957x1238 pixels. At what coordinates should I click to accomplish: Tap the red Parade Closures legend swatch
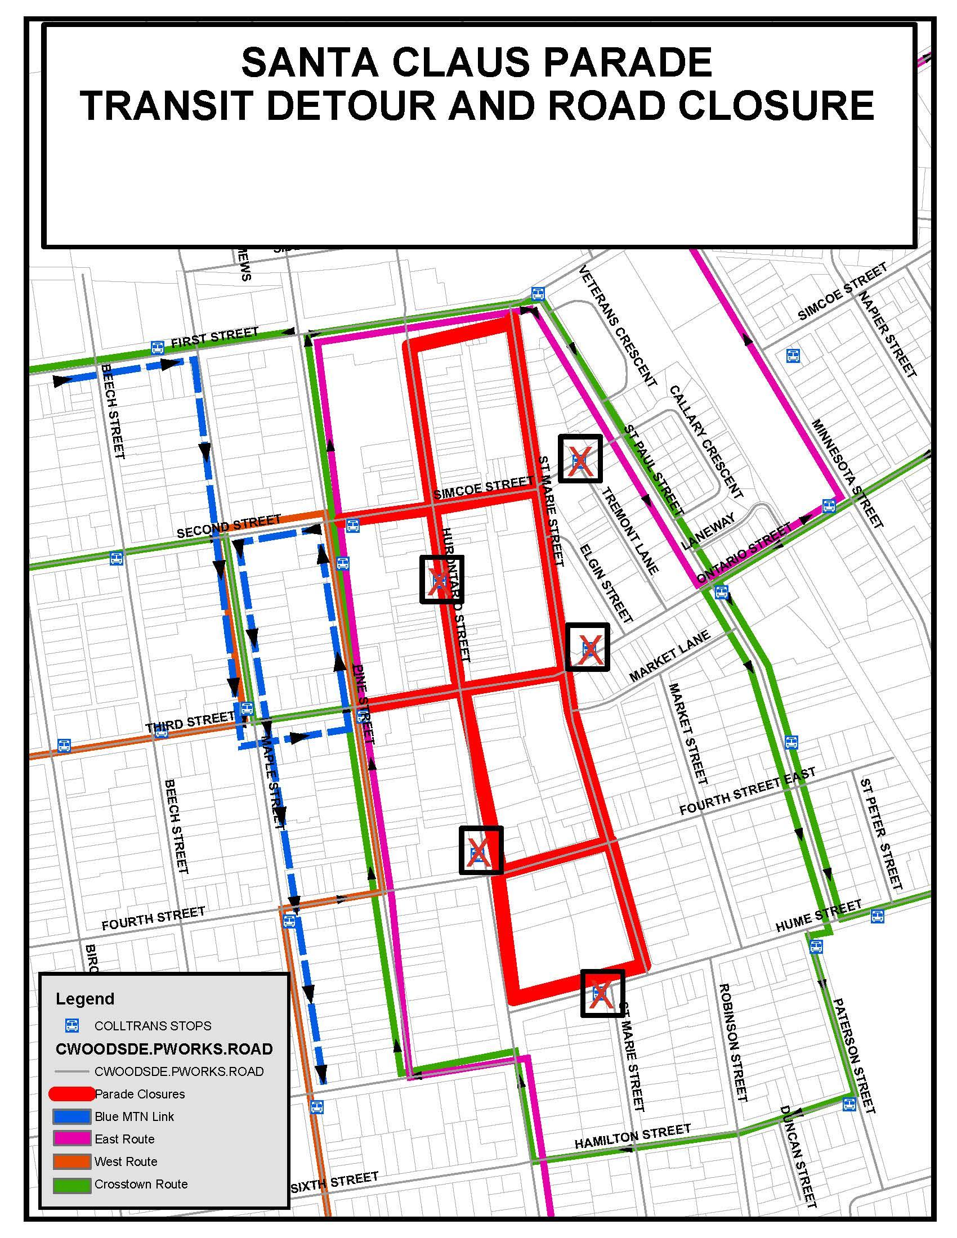72,1093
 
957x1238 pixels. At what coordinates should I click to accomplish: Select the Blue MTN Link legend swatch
72,1116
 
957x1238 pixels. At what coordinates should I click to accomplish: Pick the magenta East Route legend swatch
72,1138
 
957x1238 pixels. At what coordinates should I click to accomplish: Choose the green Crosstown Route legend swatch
72,1183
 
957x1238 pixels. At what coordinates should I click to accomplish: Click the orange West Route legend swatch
72,1161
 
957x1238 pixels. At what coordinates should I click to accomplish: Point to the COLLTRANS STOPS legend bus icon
72,1025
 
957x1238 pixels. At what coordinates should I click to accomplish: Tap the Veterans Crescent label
618,327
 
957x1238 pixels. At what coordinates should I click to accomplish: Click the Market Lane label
669,656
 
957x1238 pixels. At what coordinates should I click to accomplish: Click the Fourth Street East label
747,791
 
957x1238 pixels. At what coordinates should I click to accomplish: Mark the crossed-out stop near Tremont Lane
579,459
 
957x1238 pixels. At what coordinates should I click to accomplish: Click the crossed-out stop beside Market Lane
587,647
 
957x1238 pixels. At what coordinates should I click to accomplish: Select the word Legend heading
85,998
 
